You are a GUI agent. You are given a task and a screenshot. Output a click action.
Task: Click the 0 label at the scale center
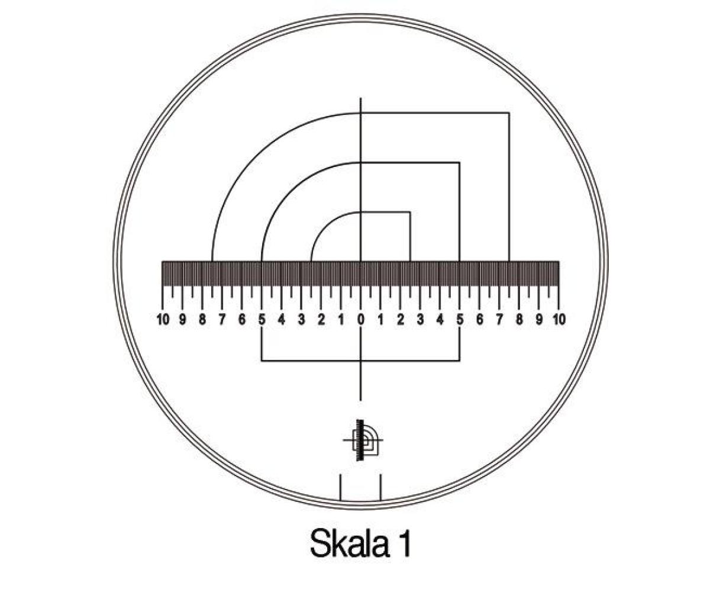(x=361, y=320)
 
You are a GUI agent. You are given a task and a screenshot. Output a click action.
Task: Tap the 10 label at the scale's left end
(x=163, y=320)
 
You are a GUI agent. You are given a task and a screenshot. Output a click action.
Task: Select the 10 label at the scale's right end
(x=559, y=320)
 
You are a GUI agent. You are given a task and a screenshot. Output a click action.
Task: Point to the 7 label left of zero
(x=222, y=320)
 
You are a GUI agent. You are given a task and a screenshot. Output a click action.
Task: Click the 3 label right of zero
(x=421, y=320)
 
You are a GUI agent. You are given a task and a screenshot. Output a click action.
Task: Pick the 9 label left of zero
(x=183, y=320)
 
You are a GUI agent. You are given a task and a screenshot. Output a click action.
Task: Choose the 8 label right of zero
(x=519, y=320)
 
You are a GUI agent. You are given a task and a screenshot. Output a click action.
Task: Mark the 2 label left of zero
(x=321, y=320)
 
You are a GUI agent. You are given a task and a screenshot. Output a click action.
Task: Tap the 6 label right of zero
(x=479, y=320)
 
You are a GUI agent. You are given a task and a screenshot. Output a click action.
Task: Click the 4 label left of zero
(x=281, y=320)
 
